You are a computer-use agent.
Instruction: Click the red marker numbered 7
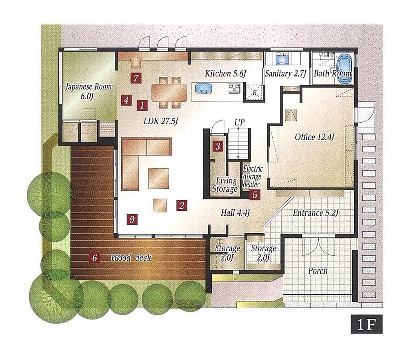(136, 78)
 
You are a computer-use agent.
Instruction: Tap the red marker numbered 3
(218, 146)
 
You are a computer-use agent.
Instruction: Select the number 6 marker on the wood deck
(95, 258)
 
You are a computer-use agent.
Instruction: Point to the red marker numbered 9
(132, 219)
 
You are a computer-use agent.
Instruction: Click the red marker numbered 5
(255, 195)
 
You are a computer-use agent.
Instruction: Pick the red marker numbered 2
(182, 206)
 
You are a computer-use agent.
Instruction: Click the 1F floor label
(366, 324)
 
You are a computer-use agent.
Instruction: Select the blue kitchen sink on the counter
(203, 88)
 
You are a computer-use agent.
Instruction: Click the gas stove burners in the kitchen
(235, 88)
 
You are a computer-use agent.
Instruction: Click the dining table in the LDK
(169, 92)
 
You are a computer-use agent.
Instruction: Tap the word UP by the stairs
(240, 122)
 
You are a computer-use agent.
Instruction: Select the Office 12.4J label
(315, 137)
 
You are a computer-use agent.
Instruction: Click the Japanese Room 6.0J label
(88, 91)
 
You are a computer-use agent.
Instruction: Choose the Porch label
(318, 271)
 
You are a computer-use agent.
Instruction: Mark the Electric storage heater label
(252, 177)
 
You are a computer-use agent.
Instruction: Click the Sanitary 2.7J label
(285, 74)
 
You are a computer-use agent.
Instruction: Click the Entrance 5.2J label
(316, 213)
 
